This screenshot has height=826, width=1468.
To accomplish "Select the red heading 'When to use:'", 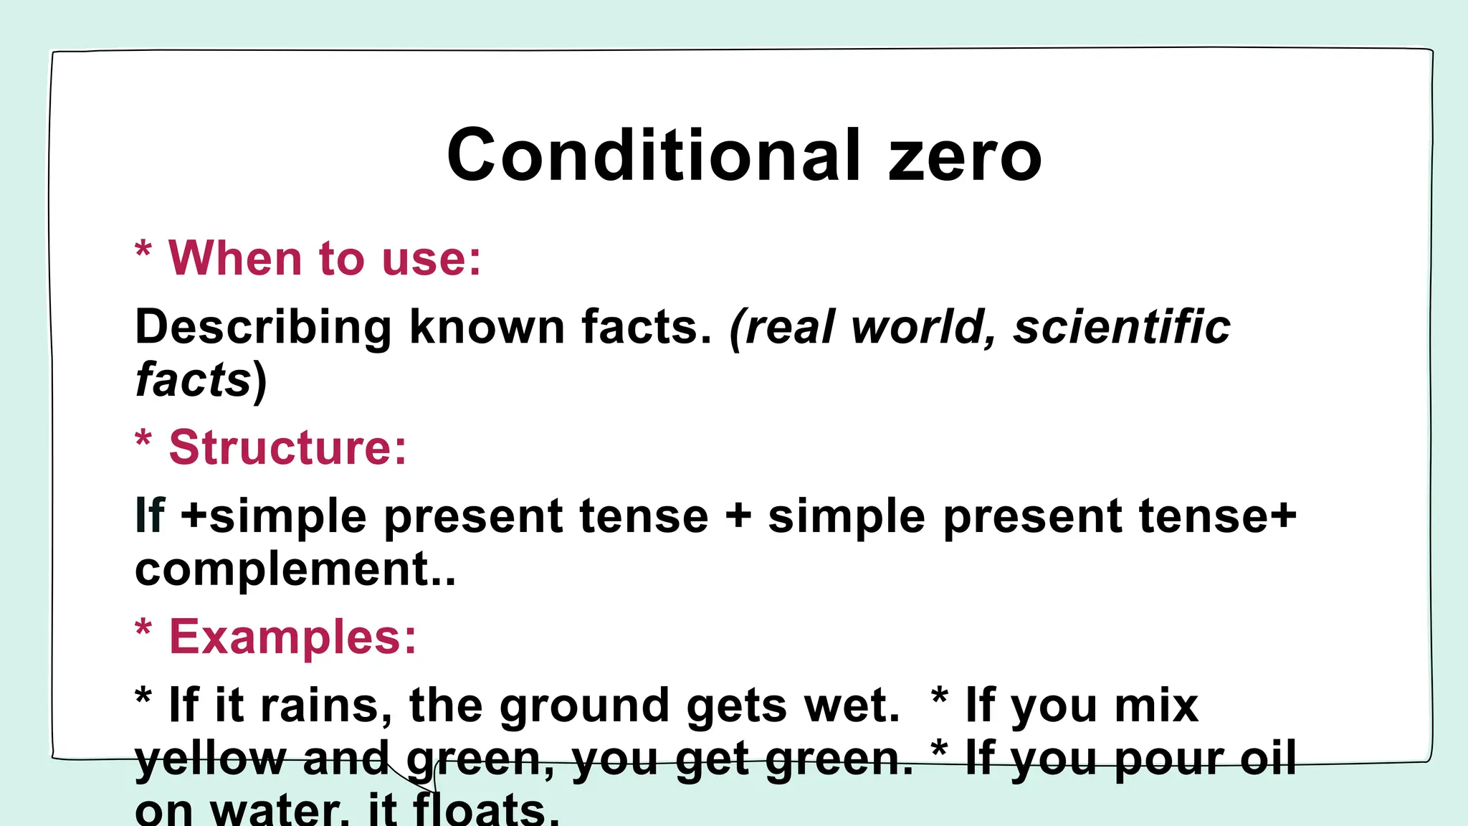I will pyautogui.click(x=324, y=258).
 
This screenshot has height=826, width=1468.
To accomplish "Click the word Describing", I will pyautogui.click(x=263, y=328).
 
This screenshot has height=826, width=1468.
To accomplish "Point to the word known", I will pyautogui.click(x=487, y=328).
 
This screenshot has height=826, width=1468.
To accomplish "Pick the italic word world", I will pyautogui.click(x=923, y=328).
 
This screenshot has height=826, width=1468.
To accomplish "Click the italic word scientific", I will pyautogui.click(x=1122, y=328).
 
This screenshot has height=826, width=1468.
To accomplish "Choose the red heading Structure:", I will pyautogui.click(x=287, y=447).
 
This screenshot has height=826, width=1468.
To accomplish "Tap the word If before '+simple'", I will pyautogui.click(x=150, y=516).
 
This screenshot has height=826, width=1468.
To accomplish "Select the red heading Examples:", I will pyautogui.click(x=292, y=637).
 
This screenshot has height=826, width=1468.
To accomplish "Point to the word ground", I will pyautogui.click(x=584, y=706).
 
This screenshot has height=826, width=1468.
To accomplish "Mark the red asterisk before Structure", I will pyautogui.click(x=143, y=438).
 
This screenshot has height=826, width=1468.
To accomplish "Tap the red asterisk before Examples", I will pyautogui.click(x=143, y=627).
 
